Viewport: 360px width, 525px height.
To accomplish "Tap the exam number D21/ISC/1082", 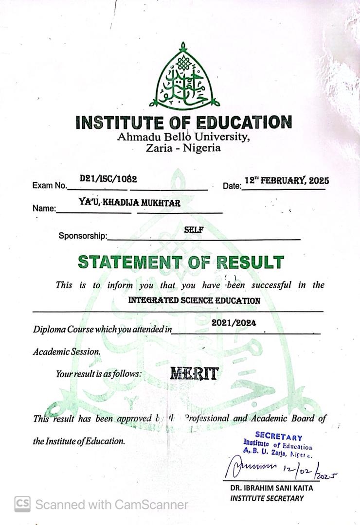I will pyautogui.click(x=108, y=179).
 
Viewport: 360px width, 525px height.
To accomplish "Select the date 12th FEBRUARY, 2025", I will pyautogui.click(x=287, y=180).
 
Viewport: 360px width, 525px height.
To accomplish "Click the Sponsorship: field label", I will pyautogui.click(x=83, y=236).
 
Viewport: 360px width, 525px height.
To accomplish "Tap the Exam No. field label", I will pyautogui.click(x=49, y=186).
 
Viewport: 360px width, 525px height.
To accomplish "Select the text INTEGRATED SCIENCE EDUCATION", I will pyautogui.click(x=194, y=300).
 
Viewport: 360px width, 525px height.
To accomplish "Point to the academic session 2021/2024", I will pyautogui.click(x=234, y=322).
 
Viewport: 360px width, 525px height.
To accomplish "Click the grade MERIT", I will pyautogui.click(x=194, y=373).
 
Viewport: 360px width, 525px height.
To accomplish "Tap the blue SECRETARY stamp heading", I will pyautogui.click(x=279, y=437).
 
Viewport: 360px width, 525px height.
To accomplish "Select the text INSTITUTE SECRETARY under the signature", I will pyautogui.click(x=267, y=498).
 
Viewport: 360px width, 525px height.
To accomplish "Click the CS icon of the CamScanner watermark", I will pyautogui.click(x=22, y=504).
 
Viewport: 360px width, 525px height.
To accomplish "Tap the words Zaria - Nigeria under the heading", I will pyautogui.click(x=183, y=147).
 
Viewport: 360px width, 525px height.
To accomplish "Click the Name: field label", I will pyautogui.click(x=44, y=209).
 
